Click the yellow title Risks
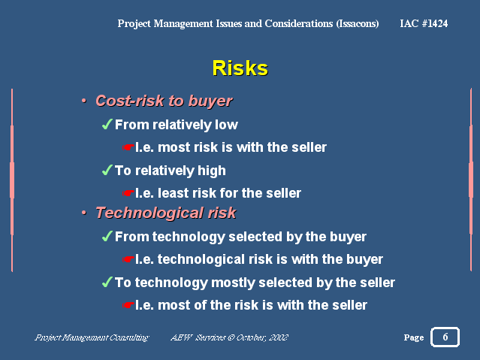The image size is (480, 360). (240, 68)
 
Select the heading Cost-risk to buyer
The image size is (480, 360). (164, 101)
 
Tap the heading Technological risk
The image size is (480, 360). (166, 213)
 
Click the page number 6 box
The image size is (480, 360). (445, 337)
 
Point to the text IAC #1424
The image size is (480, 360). (424, 23)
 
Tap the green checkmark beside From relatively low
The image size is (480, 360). (107, 124)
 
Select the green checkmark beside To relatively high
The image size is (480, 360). (107, 170)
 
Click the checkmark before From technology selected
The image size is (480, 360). (107, 236)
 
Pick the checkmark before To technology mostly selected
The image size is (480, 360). (107, 282)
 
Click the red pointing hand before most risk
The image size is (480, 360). (128, 147)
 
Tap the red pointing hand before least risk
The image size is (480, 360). (128, 193)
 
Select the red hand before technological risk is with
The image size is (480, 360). (128, 259)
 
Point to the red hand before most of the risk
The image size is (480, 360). (128, 305)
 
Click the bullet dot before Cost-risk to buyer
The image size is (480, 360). (84, 101)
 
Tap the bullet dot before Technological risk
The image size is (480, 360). (84, 213)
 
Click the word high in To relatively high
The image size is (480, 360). (212, 171)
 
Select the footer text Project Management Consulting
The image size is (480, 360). (92, 337)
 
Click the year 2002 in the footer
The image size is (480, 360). (279, 337)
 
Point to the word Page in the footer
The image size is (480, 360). (414, 337)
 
